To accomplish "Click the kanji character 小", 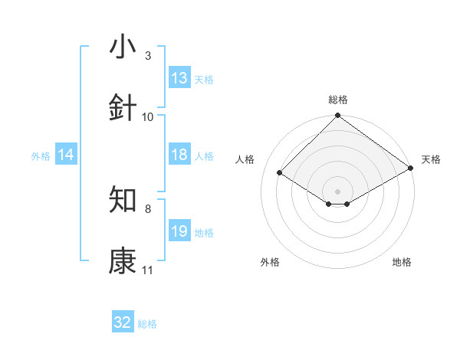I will click(123, 47).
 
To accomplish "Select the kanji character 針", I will click(123, 108).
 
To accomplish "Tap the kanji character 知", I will click(123, 200).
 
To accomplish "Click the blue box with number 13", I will click(179, 78).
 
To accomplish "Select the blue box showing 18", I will click(179, 155).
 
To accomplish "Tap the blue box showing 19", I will click(179, 231).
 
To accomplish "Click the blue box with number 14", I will click(66, 155).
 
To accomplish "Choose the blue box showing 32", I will click(123, 322).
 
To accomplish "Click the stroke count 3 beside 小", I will click(148, 56).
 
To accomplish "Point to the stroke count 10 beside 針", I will click(148, 117).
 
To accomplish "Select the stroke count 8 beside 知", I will click(148, 208).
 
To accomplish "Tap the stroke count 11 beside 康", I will click(148, 270).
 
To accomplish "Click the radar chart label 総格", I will click(337, 100).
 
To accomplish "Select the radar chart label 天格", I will click(431, 159).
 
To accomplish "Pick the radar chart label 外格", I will click(270, 262).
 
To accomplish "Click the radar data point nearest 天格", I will click(411, 168).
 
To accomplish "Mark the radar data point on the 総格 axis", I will click(337, 116).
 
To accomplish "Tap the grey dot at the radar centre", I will click(337, 191).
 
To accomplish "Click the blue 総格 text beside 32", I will click(147, 324).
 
